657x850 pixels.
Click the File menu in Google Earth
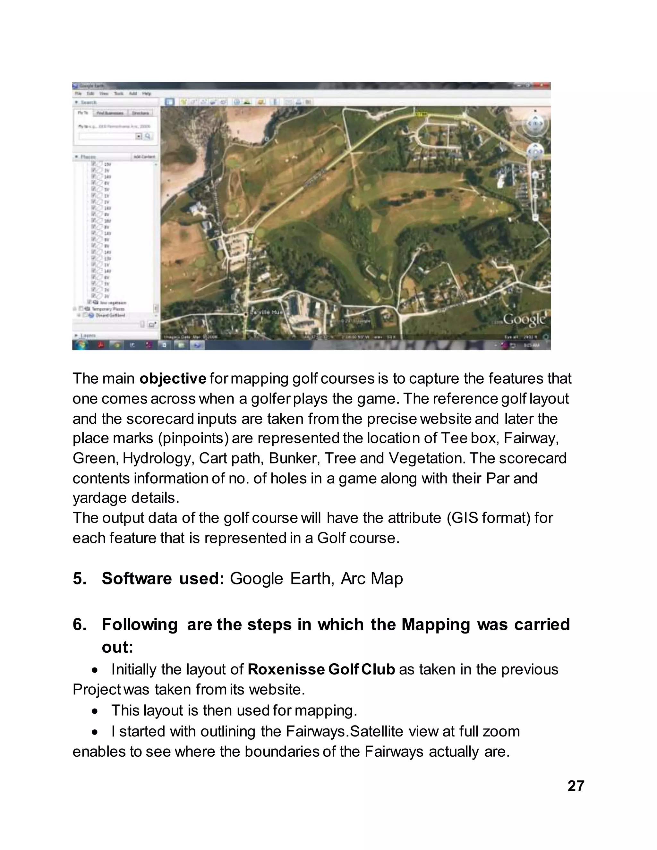click(78, 94)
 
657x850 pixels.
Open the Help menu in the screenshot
click(146, 94)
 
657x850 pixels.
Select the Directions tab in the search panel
click(140, 113)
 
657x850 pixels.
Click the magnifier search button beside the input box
click(148, 136)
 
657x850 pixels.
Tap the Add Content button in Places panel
click(144, 157)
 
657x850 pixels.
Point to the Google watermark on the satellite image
click(524, 319)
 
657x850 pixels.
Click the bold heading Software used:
click(163, 578)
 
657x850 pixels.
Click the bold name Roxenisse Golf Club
click(321, 669)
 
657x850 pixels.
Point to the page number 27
click(576, 786)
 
